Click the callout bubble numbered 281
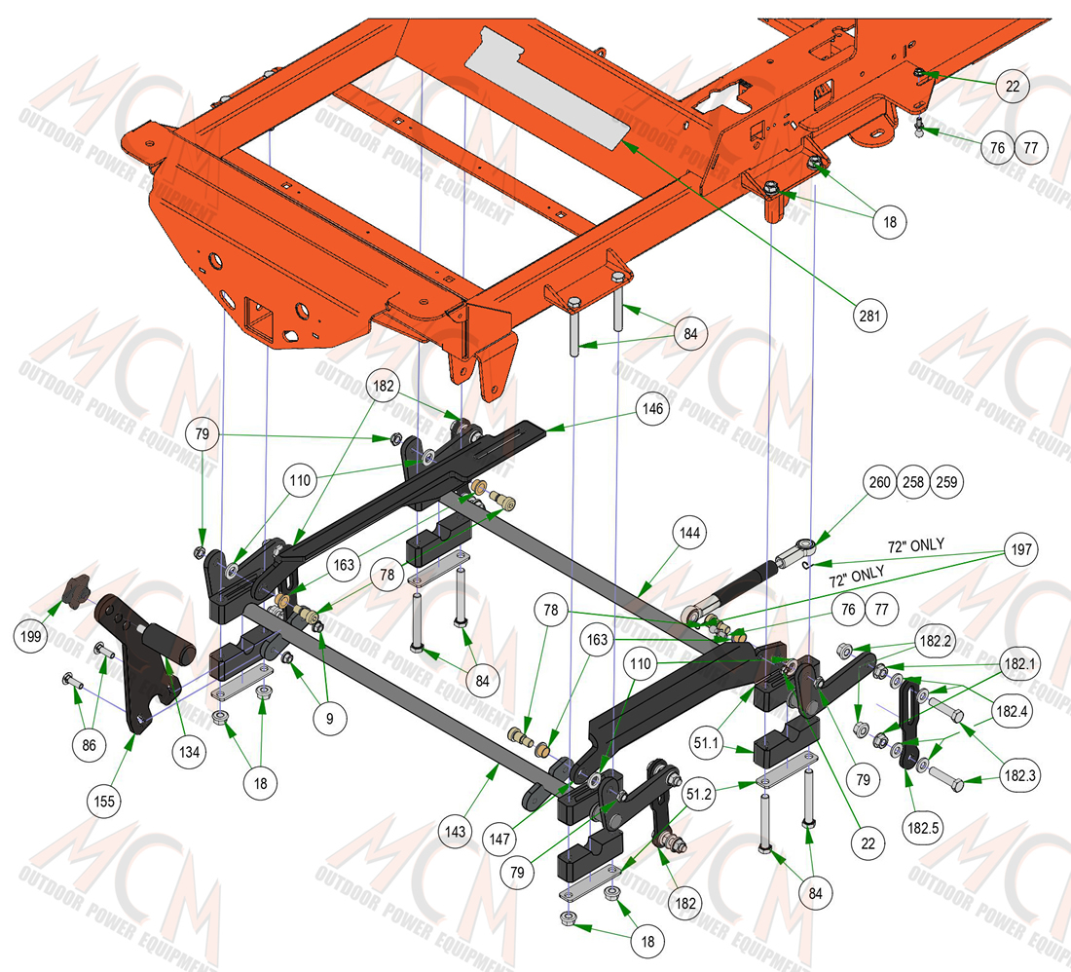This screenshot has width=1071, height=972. point(869,316)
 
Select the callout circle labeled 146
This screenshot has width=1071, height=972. point(653,408)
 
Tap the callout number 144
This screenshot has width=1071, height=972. point(689,533)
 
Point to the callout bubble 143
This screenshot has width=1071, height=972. point(455,832)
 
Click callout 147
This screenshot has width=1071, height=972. point(500,839)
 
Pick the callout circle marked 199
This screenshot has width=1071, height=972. point(31,637)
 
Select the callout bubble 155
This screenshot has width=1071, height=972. point(104,801)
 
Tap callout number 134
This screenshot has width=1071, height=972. point(189,752)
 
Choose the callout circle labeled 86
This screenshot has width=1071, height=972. point(89,744)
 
